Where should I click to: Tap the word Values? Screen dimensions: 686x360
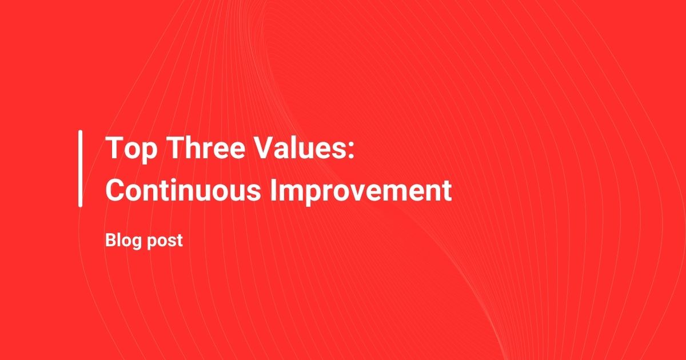coord(301,147)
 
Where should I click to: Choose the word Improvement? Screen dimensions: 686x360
coord(361,192)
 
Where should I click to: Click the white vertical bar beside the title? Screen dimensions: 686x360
coord(80,169)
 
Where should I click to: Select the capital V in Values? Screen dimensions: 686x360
coord(265,147)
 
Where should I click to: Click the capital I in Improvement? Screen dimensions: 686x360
coord(273,190)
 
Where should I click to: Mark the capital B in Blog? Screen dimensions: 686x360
coord(111,240)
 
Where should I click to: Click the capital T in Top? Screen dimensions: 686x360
coord(114,147)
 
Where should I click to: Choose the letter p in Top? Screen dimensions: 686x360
coord(150,153)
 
